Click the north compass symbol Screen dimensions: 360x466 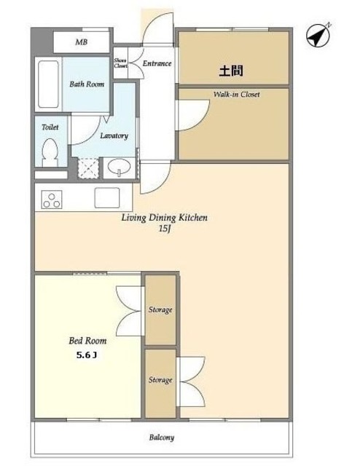pyautogui.click(x=318, y=35)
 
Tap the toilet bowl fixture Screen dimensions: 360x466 pyautogui.click(x=50, y=153)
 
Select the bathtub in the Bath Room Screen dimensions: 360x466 pyautogui.click(x=48, y=84)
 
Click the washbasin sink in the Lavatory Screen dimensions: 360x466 pyautogui.click(x=120, y=167)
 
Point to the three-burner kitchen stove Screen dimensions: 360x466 pyautogui.click(x=52, y=200)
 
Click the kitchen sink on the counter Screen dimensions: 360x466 pyautogui.click(x=107, y=197)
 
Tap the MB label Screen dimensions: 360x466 pyautogui.click(x=81, y=42)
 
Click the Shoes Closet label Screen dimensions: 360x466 pyautogui.click(x=120, y=63)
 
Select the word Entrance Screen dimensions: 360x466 pyautogui.click(x=157, y=63)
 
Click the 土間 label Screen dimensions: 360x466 pyautogui.click(x=231, y=71)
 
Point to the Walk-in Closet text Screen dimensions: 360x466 pyautogui.click(x=237, y=95)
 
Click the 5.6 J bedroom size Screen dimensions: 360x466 pyautogui.click(x=87, y=355)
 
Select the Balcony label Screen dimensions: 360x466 pyautogui.click(x=162, y=438)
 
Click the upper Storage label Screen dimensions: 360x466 pyautogui.click(x=160, y=310)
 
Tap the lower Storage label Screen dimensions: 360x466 pyautogui.click(x=160, y=380)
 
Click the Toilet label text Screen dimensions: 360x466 pyautogui.click(x=50, y=127)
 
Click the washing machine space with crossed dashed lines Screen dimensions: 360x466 pyautogui.click(x=88, y=168)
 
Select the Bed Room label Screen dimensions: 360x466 pyautogui.click(x=87, y=341)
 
